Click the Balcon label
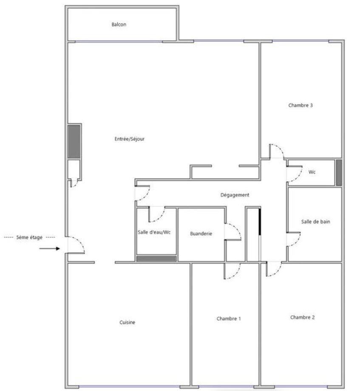[119, 24]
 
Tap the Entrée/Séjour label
[130, 139]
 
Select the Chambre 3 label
[300, 105]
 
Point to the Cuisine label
[128, 322]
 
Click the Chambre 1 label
[229, 318]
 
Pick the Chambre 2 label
[303, 317]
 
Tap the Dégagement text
[235, 195]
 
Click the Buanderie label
[201, 234]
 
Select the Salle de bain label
[316, 221]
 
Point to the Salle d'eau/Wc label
[154, 232]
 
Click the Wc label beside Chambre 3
[312, 172]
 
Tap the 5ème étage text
[29, 237]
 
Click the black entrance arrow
[50, 248]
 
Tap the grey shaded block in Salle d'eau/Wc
[156, 259]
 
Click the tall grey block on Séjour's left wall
[74, 142]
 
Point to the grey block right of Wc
[339, 173]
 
